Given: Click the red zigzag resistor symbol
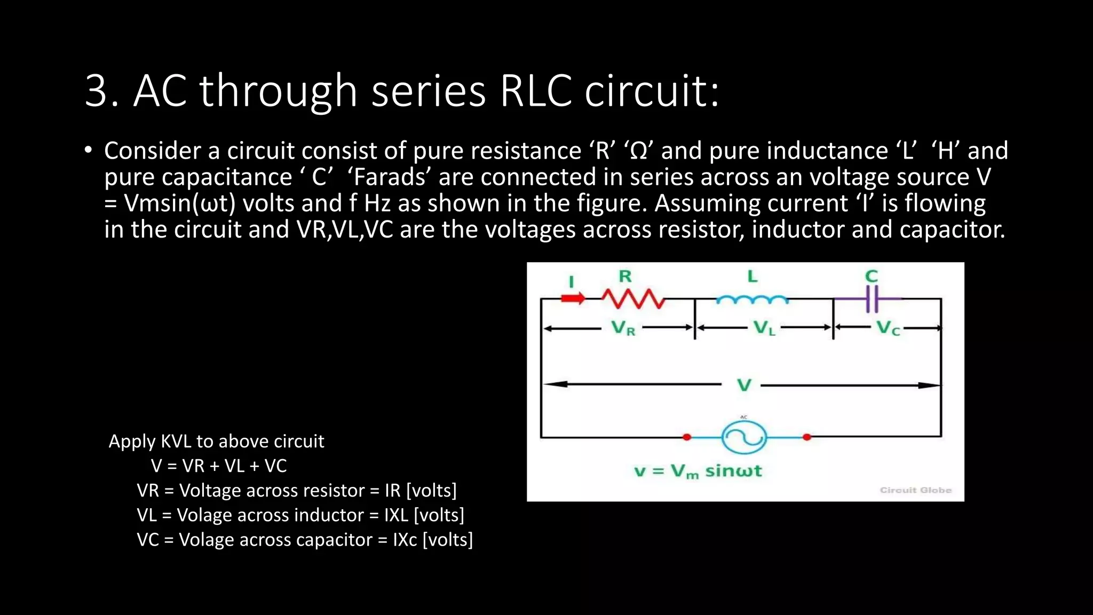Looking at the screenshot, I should (633, 299).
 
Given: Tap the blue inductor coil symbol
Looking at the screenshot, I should (751, 299).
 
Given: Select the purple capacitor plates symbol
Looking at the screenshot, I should (872, 299).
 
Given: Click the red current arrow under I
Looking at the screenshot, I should (573, 298).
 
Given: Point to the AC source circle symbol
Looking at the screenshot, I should (744, 438).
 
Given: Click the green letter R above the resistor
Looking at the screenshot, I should (625, 276).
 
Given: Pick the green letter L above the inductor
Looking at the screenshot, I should (752, 276).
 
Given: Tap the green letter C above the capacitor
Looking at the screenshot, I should (872, 276).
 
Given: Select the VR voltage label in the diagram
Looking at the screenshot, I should (623, 328).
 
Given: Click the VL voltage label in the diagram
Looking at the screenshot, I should (764, 328).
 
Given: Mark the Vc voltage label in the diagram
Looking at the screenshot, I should (888, 328).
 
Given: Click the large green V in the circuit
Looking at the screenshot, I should (744, 385).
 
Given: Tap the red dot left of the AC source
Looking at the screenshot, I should (687, 437).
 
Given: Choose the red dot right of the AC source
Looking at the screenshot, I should (807, 437).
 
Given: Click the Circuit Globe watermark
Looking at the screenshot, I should (915, 490).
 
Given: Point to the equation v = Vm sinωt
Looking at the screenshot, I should (698, 471).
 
